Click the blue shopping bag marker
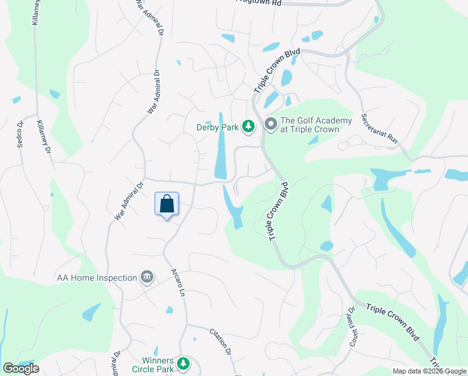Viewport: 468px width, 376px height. coord(166,204)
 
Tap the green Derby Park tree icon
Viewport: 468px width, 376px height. coord(248,127)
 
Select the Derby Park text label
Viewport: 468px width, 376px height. coord(218,127)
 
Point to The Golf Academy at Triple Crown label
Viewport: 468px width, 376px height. coord(310,125)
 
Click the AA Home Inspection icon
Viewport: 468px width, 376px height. coord(147,277)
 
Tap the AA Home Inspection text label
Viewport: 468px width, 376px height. coord(96,278)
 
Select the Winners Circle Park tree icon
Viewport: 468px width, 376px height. coord(183,363)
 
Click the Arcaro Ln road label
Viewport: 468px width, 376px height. coord(180,284)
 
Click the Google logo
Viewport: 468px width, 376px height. coord(20,368)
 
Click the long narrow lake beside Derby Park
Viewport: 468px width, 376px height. coord(221,146)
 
